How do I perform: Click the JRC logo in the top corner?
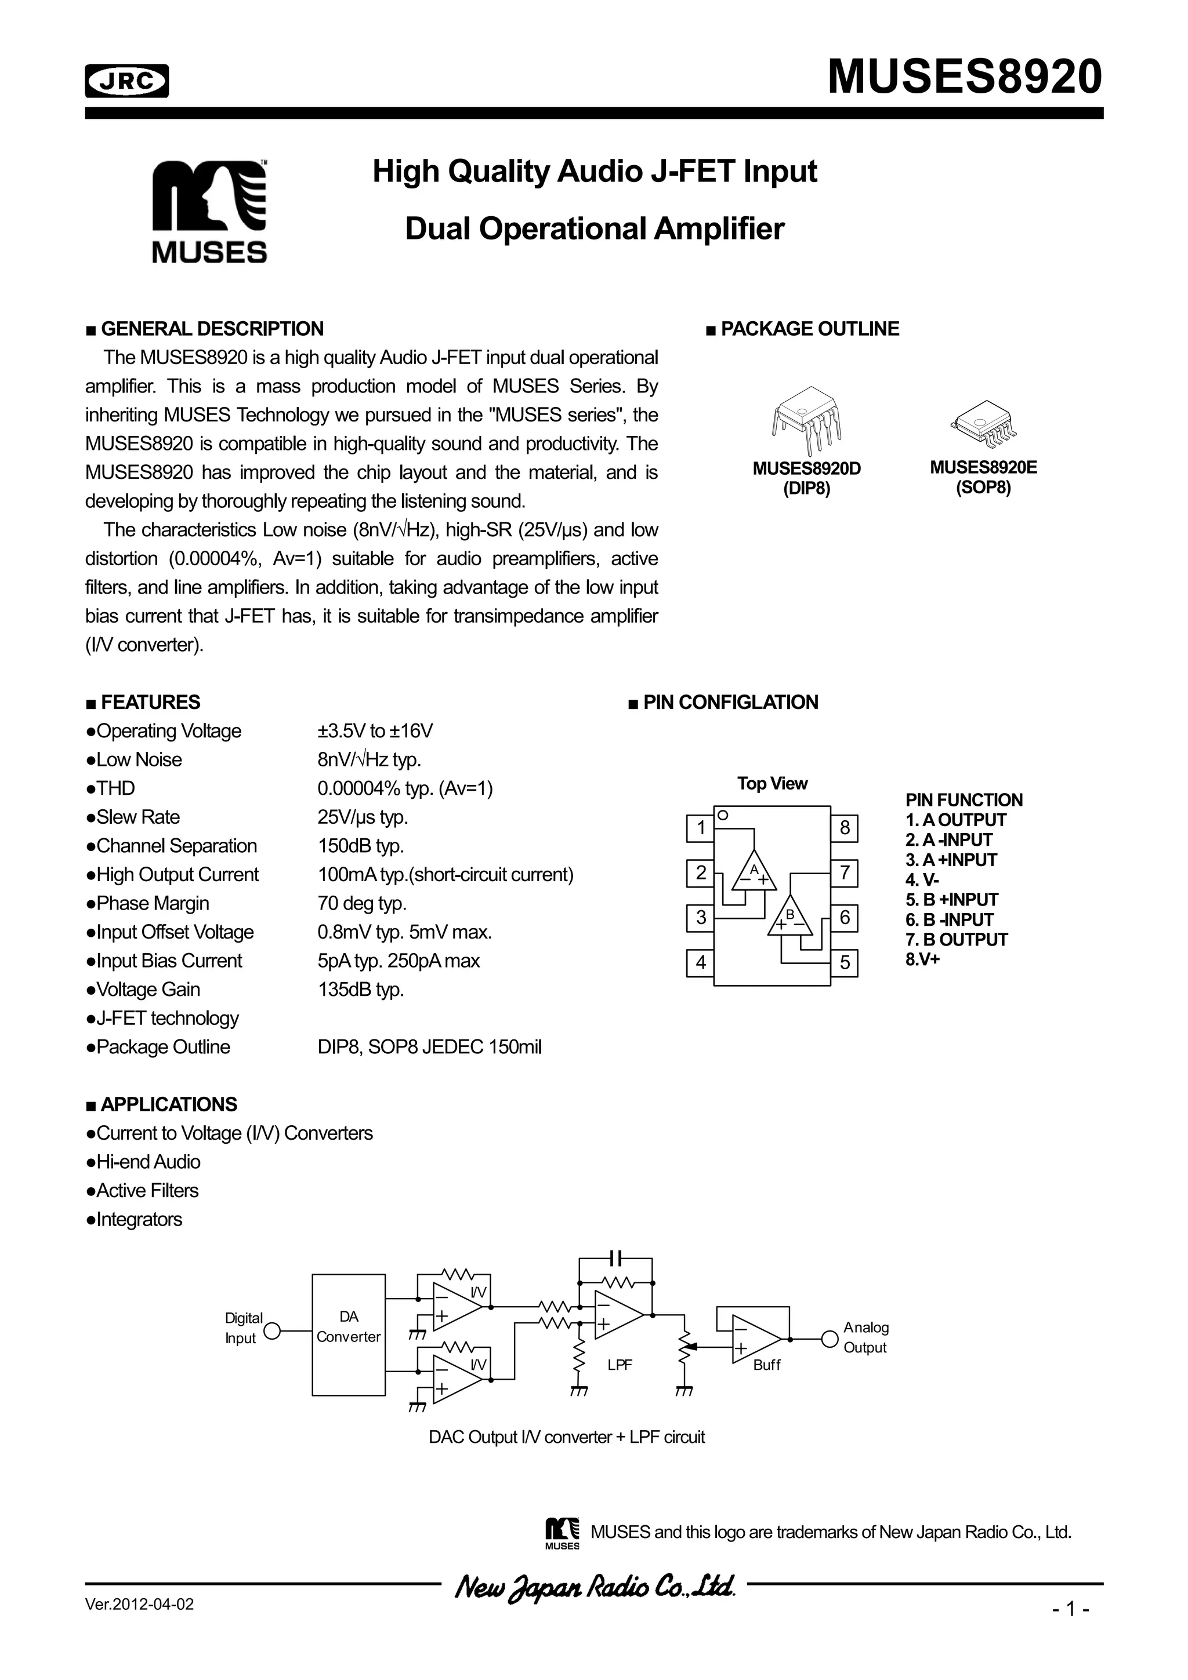pos(126,81)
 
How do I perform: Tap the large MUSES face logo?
pos(209,211)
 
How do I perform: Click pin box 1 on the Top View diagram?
pos(701,828)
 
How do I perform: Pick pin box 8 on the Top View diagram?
pos(845,828)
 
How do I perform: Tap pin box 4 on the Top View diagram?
pos(701,962)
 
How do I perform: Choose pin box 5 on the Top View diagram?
pos(845,962)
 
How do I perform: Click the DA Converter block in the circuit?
pos(349,1334)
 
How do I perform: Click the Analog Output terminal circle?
pos(830,1339)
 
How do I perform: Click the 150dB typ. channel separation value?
pos(361,846)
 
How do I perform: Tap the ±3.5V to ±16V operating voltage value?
pos(375,731)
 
